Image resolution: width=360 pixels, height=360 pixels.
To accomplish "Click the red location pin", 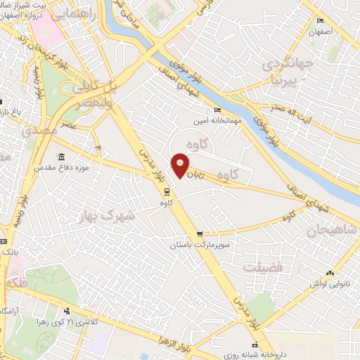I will pyautogui.click(x=181, y=165).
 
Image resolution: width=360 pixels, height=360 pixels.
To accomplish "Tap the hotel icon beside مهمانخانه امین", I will pyautogui.click(x=217, y=110).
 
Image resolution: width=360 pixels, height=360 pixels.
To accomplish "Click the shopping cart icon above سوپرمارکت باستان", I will pyautogui.click(x=200, y=234).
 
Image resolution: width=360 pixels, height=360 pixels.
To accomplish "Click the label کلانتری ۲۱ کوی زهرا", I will pyautogui.click(x=77, y=321).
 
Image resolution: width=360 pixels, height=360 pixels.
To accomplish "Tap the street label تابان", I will pyautogui.click(x=202, y=169).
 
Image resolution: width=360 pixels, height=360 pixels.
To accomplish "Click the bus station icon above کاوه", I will pyautogui.click(x=166, y=191).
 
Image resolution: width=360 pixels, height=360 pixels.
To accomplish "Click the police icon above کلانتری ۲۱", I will pyautogui.click(x=67, y=310).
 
